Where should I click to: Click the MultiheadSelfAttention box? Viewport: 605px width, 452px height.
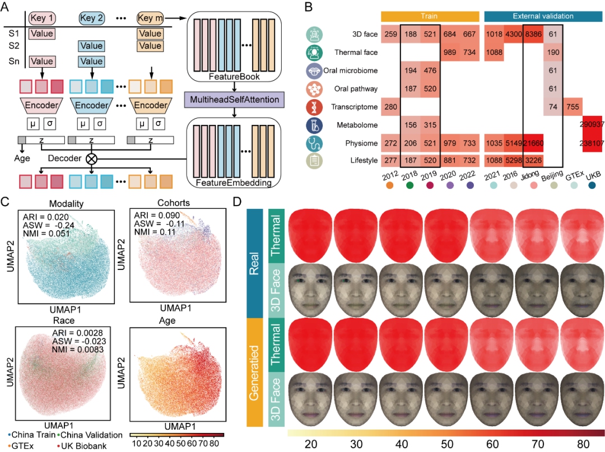(x=234, y=100)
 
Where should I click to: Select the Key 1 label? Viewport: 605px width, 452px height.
(x=41, y=18)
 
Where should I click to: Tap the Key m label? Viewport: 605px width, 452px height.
(x=150, y=18)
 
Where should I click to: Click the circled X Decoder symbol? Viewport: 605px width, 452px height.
(x=91, y=159)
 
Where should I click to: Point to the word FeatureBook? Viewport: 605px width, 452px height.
(x=234, y=76)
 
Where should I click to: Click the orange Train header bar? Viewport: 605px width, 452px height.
(x=430, y=16)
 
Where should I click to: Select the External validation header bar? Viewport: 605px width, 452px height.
(x=543, y=16)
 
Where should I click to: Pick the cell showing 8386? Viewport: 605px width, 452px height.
(x=533, y=34)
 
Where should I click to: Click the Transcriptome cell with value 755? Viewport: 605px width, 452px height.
(x=573, y=107)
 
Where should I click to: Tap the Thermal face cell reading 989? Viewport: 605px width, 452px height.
(x=449, y=52)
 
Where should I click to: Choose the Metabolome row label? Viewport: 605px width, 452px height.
(x=357, y=125)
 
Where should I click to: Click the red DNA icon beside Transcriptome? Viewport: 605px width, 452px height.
(x=314, y=107)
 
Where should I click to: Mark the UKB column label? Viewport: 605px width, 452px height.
(x=593, y=176)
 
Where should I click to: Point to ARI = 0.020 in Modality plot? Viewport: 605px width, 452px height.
(x=45, y=217)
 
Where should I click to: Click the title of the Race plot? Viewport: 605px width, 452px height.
(x=64, y=320)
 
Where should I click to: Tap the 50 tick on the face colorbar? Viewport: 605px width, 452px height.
(x=447, y=444)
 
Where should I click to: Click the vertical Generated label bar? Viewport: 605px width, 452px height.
(x=255, y=372)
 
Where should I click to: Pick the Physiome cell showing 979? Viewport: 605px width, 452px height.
(x=449, y=143)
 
